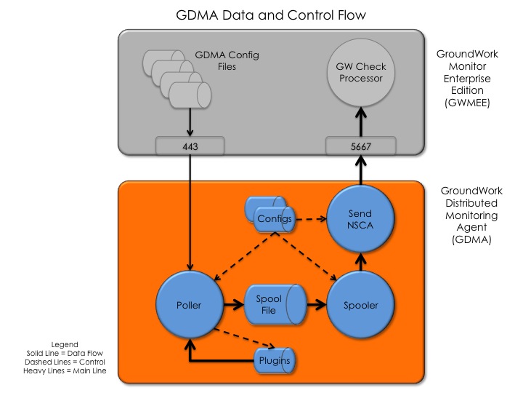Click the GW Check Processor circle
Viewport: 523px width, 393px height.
[x=360, y=73]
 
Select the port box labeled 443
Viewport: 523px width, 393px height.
[x=190, y=146]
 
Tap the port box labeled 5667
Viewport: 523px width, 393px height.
[x=360, y=146]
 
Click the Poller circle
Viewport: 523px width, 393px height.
[x=190, y=305]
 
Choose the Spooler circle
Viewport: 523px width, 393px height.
[x=360, y=305]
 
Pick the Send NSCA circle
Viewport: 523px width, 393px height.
[x=360, y=219]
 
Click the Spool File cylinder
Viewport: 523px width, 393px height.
[x=275, y=304]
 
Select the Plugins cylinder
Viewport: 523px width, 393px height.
[x=275, y=360]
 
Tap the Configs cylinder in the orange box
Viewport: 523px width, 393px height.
[x=270, y=214]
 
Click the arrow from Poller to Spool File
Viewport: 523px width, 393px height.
[x=234, y=304]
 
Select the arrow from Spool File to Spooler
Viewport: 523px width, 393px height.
[x=317, y=304]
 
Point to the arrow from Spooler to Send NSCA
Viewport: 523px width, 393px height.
[x=360, y=262]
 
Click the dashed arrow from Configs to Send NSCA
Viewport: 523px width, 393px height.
[x=311, y=219]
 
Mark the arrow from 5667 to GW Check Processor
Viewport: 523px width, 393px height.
[x=360, y=122]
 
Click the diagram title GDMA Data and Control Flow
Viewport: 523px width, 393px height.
[x=271, y=15]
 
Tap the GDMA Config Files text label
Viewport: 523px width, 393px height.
[x=227, y=60]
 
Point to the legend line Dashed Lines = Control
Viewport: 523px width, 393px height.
[x=65, y=362]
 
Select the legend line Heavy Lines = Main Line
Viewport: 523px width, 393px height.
[x=65, y=370]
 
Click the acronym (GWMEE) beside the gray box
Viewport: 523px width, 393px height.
[x=467, y=103]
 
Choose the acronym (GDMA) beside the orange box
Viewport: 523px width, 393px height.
[x=471, y=239]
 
